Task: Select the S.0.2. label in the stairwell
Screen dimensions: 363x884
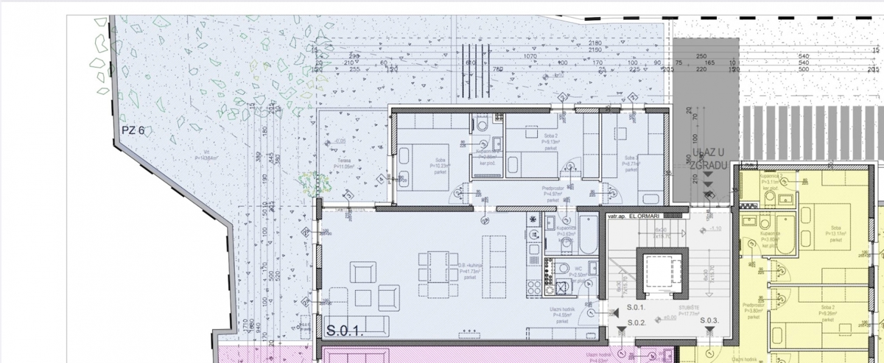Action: (636, 323)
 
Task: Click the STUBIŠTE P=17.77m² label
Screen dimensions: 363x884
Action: (690, 311)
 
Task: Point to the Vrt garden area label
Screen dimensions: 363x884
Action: (208, 156)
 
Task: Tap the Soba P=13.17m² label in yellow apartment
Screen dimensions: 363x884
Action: (834, 233)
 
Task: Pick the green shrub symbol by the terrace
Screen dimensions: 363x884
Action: (310, 180)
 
